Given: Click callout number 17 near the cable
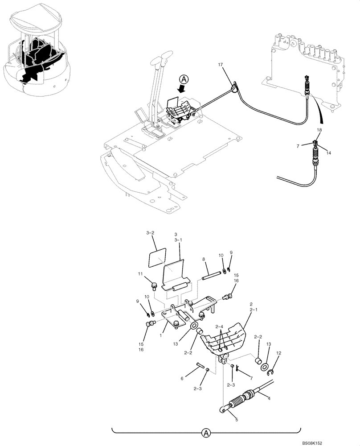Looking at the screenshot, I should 220,65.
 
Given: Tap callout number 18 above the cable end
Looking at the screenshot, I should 319,130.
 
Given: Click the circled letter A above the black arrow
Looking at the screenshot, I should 184,79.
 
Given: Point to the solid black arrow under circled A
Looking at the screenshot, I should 181,89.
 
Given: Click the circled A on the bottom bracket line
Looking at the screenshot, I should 206,432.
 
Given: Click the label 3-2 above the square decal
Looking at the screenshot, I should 150,233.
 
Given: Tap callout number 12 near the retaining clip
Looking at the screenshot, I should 279,354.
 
